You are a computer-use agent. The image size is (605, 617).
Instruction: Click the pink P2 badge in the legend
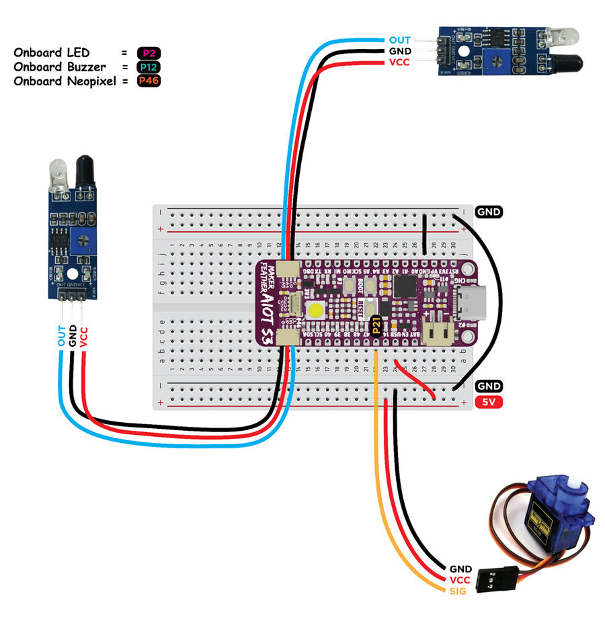point(149,52)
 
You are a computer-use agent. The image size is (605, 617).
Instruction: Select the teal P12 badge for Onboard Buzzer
point(149,67)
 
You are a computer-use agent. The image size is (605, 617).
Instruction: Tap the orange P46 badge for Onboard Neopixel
point(149,81)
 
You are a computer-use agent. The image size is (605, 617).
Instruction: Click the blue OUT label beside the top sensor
point(400,40)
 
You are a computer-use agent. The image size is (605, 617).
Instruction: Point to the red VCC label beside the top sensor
point(400,63)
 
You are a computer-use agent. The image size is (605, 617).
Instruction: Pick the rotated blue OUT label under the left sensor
point(62,336)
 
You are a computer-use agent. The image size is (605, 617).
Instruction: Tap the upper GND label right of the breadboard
point(489,212)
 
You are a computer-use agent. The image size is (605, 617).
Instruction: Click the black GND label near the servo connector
point(460,569)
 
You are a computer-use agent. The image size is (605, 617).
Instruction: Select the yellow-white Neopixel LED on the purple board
point(315,311)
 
